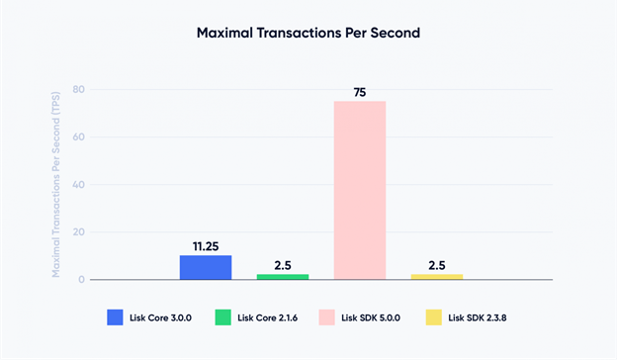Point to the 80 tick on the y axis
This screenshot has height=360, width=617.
(x=80, y=89)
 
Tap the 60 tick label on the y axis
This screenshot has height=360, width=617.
(x=80, y=136)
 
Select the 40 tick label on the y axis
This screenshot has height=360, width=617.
(x=80, y=184)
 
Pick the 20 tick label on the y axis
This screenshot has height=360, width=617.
(x=80, y=231)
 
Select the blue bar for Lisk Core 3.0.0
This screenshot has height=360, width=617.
(x=205, y=267)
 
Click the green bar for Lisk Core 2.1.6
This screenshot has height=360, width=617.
(x=282, y=276)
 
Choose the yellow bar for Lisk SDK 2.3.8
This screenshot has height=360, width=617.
(x=436, y=276)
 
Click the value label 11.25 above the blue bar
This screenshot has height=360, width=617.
(x=205, y=245)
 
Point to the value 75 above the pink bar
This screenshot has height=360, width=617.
(x=359, y=92)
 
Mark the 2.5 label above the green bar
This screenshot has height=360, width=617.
(x=282, y=265)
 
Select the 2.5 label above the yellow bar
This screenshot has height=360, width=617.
(x=436, y=265)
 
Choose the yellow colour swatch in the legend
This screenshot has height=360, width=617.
(x=432, y=317)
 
